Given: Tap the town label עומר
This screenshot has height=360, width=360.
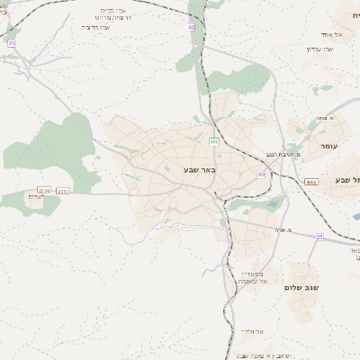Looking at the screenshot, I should [326, 144].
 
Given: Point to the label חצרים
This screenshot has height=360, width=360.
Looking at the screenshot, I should [37, 195].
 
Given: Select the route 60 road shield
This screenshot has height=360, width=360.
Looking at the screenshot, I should [261, 175].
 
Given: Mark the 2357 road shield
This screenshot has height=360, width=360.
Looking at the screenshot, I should [64, 191].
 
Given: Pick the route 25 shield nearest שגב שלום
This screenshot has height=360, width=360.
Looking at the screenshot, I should [319, 237].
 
